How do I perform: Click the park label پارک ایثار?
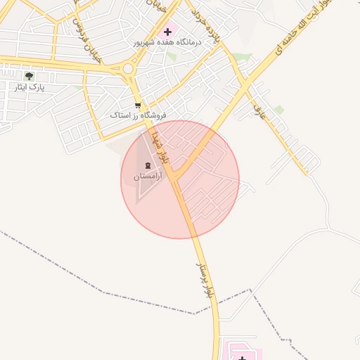pos(29,87)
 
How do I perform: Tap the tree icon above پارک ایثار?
pos(29,76)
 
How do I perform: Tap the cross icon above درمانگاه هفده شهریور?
pos(167,32)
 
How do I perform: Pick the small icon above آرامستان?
pos(148,166)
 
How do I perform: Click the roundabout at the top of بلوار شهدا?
pos(128,69)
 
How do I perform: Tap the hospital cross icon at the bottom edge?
pos(243,359)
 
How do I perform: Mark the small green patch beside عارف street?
pos(279,109)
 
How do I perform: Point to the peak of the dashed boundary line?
pos(250,290)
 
